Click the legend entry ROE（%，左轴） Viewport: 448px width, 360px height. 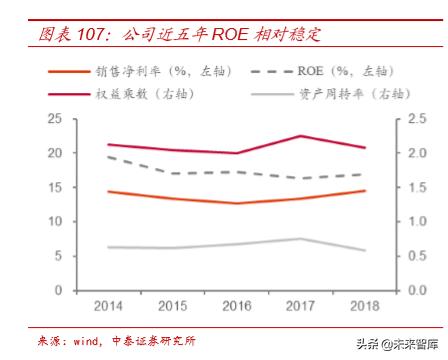(341, 72)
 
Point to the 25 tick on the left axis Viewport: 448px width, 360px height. (55, 119)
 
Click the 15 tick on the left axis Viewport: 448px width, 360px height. (55, 188)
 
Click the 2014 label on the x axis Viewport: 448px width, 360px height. (107, 304)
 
